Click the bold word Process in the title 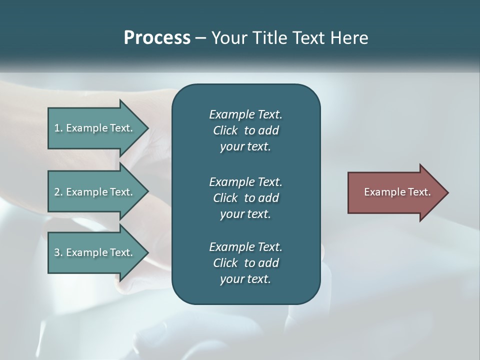(x=157, y=38)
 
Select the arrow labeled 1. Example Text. (x=95, y=128)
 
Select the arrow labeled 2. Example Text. (x=95, y=192)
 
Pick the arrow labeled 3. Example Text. (x=95, y=252)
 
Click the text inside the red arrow (x=397, y=192)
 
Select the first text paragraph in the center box (x=245, y=130)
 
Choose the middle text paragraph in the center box (x=245, y=197)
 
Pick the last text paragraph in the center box (x=245, y=263)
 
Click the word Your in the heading (x=228, y=38)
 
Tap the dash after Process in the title (x=200, y=38)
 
